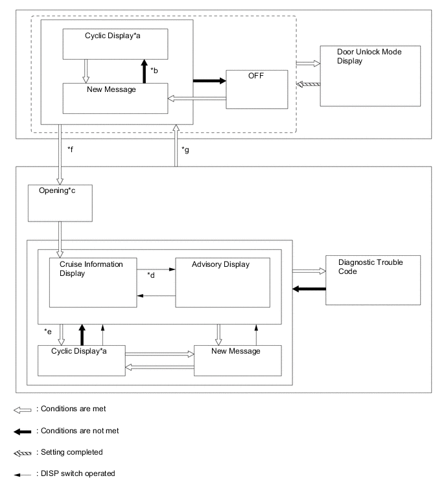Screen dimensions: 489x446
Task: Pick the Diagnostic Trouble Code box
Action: click(372, 280)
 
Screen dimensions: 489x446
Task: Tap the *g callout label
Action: click(186, 150)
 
